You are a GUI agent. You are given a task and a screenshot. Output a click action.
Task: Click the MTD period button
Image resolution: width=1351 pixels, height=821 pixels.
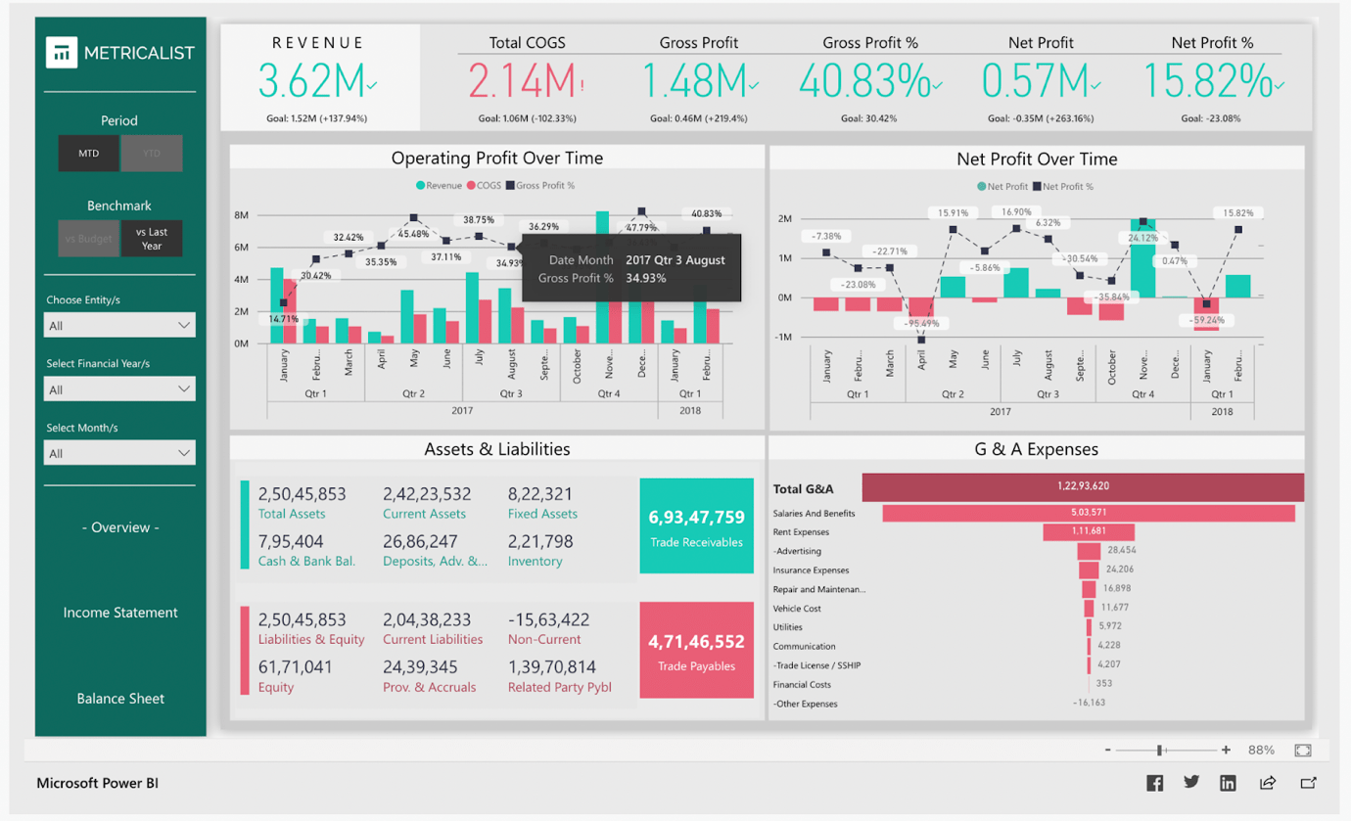coord(88,154)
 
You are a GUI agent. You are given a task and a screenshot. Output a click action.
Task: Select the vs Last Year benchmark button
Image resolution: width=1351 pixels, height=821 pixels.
coord(152,239)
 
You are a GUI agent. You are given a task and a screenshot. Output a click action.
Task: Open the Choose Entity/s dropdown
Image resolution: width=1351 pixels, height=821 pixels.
coord(119,325)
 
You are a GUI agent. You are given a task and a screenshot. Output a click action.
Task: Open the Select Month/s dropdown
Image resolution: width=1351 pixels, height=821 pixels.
coord(119,453)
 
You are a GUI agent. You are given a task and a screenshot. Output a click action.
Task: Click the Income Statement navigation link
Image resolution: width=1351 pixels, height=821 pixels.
coord(120,613)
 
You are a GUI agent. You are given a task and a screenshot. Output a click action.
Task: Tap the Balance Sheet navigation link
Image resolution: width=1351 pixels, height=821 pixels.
coord(120,699)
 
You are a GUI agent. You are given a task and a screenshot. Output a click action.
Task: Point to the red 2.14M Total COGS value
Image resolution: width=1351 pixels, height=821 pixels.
coord(523,81)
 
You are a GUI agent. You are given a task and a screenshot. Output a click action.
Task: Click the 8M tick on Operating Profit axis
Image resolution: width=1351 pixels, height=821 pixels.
coord(241,215)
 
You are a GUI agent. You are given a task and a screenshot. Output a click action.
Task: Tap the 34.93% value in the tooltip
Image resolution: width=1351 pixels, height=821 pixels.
coord(646,279)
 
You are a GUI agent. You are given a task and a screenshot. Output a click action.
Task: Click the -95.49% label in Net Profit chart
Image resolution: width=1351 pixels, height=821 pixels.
coord(921,323)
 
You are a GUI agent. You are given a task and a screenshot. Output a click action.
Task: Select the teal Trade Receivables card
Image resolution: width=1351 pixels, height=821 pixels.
coord(696,525)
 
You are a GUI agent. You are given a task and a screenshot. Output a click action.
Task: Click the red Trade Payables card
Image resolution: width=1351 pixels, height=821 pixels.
coord(696,651)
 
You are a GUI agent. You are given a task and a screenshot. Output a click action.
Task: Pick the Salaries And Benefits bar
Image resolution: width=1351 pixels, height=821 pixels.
coord(1088,513)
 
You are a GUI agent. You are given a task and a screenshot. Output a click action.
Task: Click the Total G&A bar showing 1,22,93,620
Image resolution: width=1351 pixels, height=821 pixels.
coord(1083,486)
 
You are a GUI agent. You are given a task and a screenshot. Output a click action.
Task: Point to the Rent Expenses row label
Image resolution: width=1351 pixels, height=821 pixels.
coord(801,532)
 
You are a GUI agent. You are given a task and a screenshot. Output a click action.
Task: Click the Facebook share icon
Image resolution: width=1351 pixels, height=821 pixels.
coord(1155,783)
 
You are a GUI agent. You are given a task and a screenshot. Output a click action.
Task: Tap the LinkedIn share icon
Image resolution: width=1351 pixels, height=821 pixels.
coord(1228,783)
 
